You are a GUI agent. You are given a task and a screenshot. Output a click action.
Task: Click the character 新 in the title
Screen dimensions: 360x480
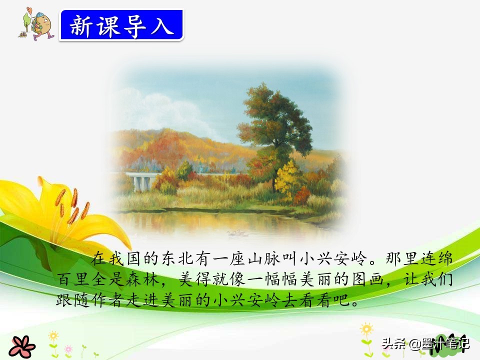point(81,25)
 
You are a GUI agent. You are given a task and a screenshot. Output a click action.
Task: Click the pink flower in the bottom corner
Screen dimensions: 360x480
point(21,346)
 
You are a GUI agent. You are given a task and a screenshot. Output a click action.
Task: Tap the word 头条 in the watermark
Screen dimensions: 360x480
point(392,344)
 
